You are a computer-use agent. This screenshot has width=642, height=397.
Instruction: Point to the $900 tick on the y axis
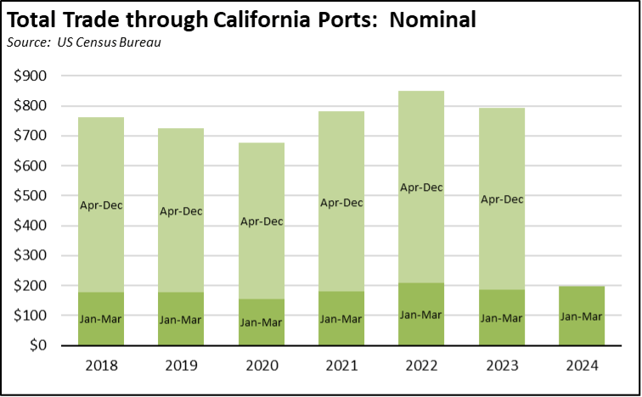tap(31, 76)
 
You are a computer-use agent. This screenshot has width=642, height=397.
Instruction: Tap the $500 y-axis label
tap(31, 196)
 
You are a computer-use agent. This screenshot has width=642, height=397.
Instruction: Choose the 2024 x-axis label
tap(582, 366)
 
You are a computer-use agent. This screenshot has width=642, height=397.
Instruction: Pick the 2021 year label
tap(341, 366)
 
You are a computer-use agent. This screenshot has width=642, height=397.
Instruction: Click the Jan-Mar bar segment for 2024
tap(582, 327)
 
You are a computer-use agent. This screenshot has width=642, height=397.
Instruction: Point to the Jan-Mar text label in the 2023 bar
tap(501, 318)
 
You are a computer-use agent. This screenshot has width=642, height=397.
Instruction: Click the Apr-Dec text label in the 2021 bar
tap(341, 202)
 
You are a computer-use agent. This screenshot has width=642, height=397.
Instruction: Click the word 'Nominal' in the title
tap(433, 19)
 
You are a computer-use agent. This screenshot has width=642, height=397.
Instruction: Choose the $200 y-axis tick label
tap(31, 286)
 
